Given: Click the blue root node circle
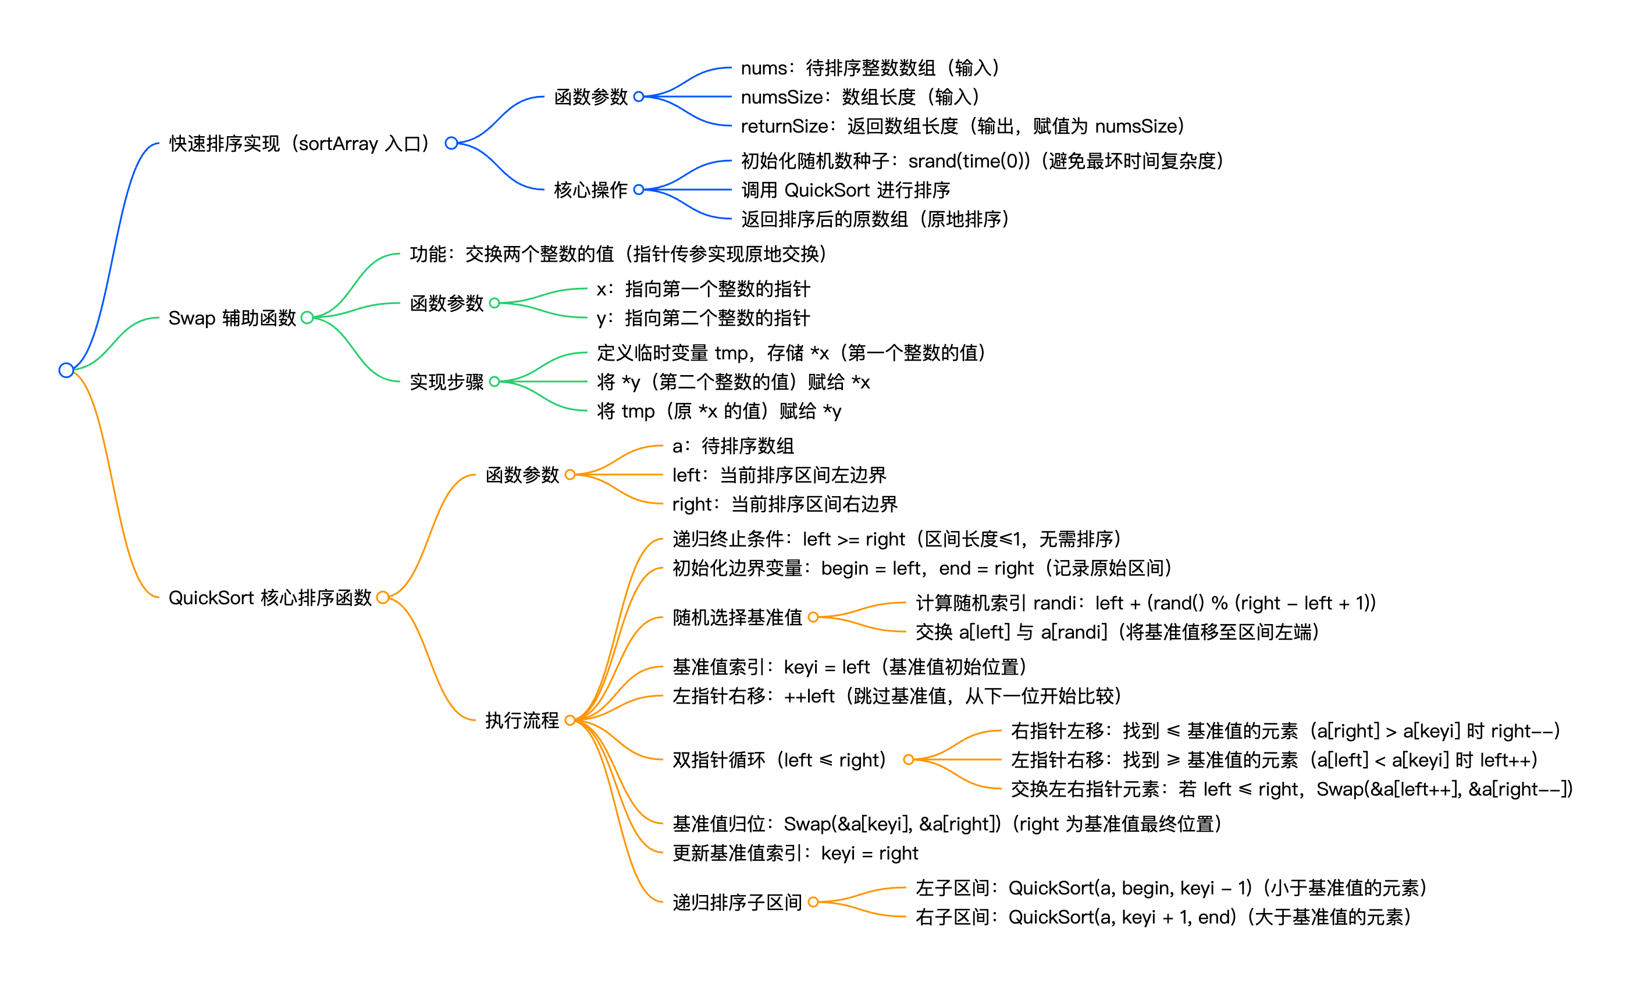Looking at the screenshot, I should point(66,370).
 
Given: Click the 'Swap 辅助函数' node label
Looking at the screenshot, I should point(232,318).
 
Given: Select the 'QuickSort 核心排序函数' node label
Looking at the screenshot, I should point(270,598).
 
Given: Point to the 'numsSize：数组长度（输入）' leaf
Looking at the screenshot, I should point(860,97).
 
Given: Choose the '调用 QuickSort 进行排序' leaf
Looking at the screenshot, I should point(845,190).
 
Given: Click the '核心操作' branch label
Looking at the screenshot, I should point(590,190).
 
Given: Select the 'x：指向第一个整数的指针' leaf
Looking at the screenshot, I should point(703,289).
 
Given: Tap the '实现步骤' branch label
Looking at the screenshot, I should point(447,382).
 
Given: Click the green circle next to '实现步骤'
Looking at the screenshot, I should point(494,382).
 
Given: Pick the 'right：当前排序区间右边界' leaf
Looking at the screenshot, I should point(785,505).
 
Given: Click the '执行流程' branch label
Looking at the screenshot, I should point(522,720).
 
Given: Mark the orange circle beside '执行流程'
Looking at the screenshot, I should point(570,720).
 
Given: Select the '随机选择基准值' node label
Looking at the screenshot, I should point(737,618).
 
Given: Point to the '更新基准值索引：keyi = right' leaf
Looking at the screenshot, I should point(795,854).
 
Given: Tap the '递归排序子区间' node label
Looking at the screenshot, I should point(737,903).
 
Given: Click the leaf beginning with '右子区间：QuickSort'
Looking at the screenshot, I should point(1163,917).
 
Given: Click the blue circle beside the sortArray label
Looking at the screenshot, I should point(451,144).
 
